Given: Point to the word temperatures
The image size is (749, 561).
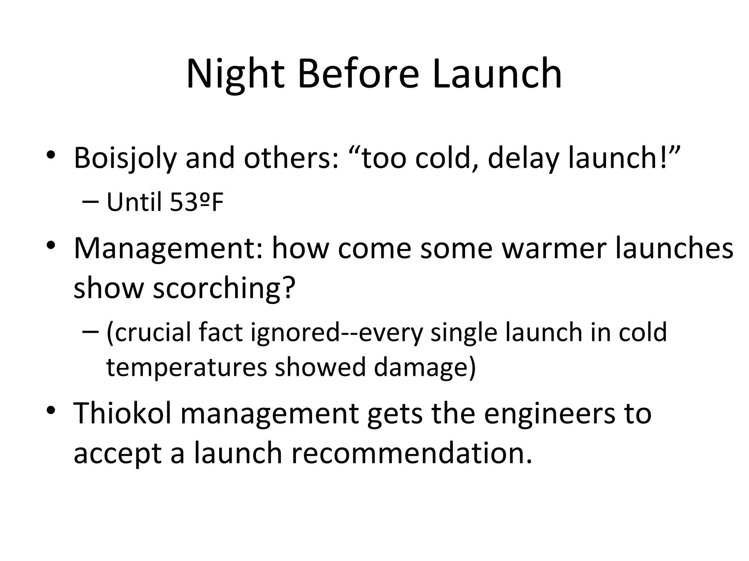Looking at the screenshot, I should point(187,367).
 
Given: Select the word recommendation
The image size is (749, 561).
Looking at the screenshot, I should point(411,453).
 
